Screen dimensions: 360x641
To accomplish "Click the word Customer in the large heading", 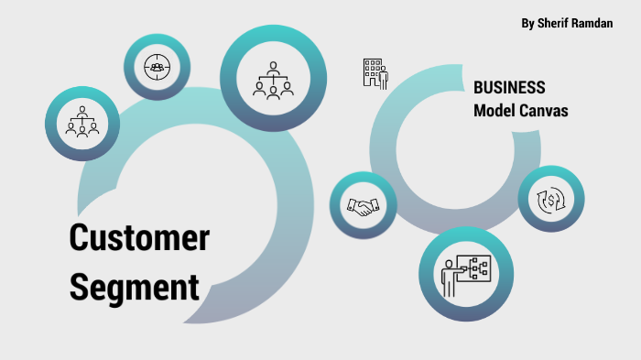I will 139,239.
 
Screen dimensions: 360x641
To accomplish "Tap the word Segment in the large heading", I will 135,286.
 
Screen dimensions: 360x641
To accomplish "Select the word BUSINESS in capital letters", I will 509,88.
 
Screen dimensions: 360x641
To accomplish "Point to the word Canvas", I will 546,111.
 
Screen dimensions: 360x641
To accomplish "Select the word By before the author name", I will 527,23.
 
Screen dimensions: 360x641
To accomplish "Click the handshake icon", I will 363,206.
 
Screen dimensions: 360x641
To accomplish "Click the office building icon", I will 375,72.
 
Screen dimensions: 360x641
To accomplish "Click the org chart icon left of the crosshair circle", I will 81,122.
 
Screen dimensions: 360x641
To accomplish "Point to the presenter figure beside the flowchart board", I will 449,276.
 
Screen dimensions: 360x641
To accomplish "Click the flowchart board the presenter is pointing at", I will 476,268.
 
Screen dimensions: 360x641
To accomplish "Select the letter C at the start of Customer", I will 80,239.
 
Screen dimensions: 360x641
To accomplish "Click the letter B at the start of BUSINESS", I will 478,88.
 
